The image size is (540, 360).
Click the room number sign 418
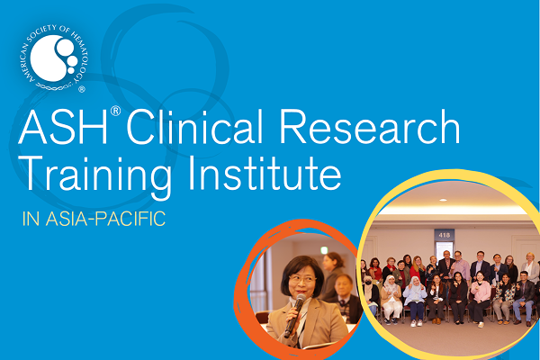[444, 235]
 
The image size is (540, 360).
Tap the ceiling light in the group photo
[450, 211]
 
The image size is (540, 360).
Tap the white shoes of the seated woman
[415, 320]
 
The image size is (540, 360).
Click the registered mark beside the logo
[83, 90]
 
